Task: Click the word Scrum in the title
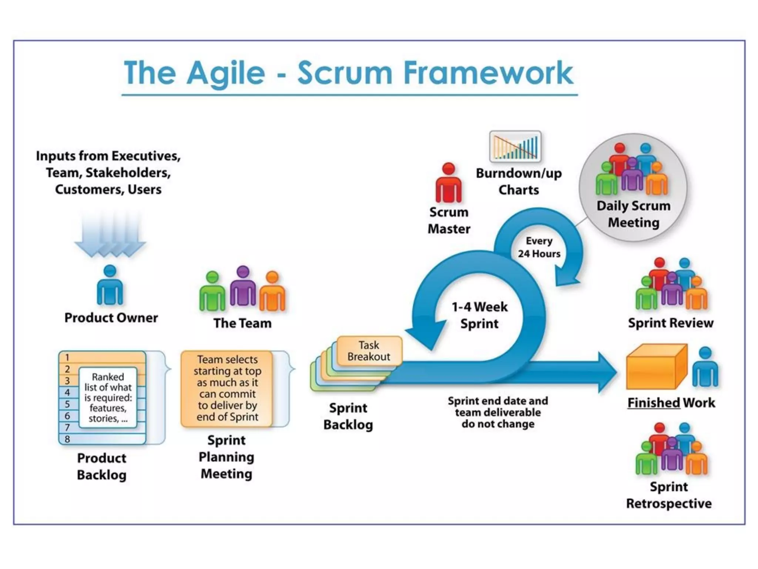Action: point(345,73)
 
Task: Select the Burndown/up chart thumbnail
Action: point(515,147)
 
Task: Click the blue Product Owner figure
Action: point(110,285)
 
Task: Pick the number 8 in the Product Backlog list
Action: point(67,439)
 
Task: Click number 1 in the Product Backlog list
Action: point(67,357)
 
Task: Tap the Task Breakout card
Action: point(369,351)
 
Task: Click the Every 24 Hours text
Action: point(539,247)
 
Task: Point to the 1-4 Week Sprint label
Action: point(480,315)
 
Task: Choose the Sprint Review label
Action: point(671,323)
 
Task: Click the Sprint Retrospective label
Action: point(669,495)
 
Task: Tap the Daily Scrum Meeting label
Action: point(634,214)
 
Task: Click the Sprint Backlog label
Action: point(348,416)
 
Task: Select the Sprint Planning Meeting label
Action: point(227,457)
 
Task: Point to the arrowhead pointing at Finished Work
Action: point(607,372)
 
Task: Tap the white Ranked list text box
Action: point(108,397)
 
